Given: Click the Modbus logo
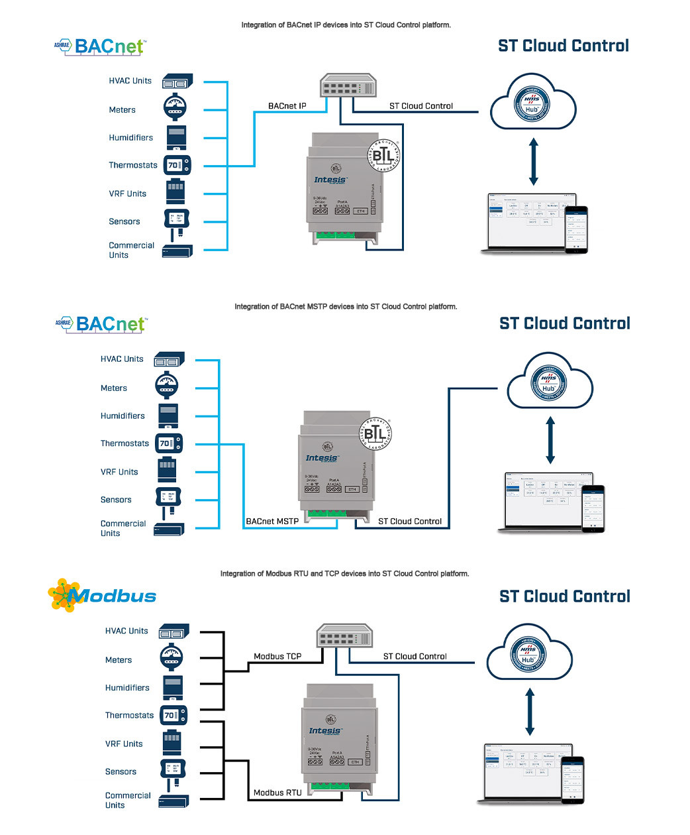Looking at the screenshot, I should pyautogui.click(x=103, y=595).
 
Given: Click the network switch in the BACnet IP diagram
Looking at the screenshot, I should pyautogui.click(x=347, y=85).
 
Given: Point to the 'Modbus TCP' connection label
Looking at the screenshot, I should pyautogui.click(x=277, y=657).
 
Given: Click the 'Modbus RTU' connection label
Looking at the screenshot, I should pyautogui.click(x=277, y=793).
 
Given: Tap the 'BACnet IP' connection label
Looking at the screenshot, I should pyautogui.click(x=287, y=106).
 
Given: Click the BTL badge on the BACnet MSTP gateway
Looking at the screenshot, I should pyautogui.click(x=375, y=434).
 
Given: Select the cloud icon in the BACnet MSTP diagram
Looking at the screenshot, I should pyautogui.click(x=550, y=382).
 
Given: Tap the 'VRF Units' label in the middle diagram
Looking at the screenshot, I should pyautogui.click(x=119, y=473).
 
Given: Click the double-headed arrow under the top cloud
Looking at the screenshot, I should pyautogui.click(x=534, y=162).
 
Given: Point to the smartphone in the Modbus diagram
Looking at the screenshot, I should pyautogui.click(x=573, y=780).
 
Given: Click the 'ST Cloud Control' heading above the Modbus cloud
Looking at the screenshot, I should pyautogui.click(x=564, y=596).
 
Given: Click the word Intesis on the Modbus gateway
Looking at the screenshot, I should pyautogui.click(x=325, y=731).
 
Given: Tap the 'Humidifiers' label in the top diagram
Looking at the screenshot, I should pyautogui.click(x=130, y=138).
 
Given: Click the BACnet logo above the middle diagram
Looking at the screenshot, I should pyautogui.click(x=102, y=324).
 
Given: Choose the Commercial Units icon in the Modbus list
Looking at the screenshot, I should pyautogui.click(x=173, y=801).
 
